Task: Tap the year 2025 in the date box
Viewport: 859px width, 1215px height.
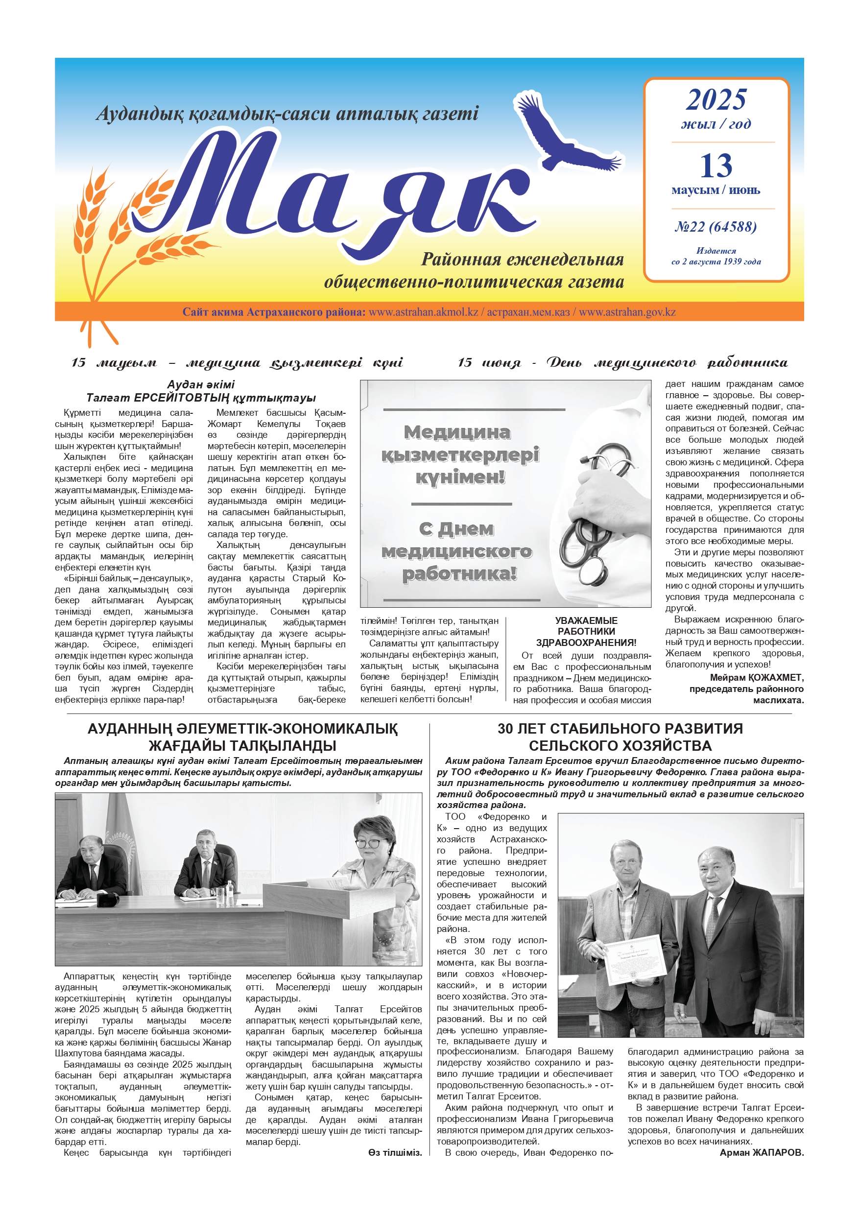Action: (716, 100)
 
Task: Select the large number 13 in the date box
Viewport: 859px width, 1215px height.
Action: (716, 166)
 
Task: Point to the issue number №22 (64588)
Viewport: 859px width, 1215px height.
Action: (716, 227)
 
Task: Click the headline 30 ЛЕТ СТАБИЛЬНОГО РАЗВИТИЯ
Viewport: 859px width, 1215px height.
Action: (620, 729)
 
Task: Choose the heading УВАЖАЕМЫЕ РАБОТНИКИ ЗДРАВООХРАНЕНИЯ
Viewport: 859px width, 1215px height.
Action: (586, 631)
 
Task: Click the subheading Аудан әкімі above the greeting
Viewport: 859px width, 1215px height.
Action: (201, 385)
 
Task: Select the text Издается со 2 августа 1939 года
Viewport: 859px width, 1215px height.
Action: (716, 256)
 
